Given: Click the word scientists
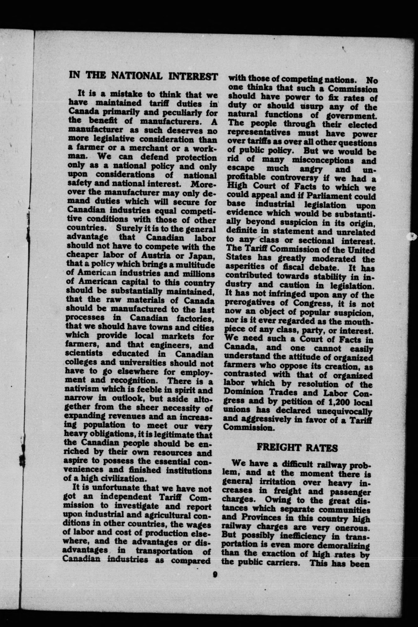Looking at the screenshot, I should [x=84, y=354].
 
